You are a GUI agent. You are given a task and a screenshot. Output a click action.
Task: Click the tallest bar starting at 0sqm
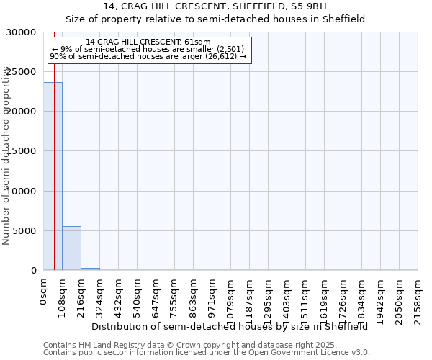tap(53, 176)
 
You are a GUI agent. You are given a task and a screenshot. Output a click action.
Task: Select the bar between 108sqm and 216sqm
tap(71, 248)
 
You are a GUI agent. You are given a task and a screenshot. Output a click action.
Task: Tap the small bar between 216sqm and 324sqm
tap(90, 269)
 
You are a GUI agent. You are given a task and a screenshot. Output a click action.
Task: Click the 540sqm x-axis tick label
tap(137, 296)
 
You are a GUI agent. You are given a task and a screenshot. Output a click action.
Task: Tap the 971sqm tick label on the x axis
tap(212, 296)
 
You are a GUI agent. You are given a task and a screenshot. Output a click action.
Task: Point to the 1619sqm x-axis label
tap(324, 299)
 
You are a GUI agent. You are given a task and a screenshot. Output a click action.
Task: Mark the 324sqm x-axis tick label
tap(99, 296)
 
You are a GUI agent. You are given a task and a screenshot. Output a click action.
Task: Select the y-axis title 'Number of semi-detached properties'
tap(6, 156)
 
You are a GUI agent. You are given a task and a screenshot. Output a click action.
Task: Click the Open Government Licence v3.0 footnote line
tap(207, 353)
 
